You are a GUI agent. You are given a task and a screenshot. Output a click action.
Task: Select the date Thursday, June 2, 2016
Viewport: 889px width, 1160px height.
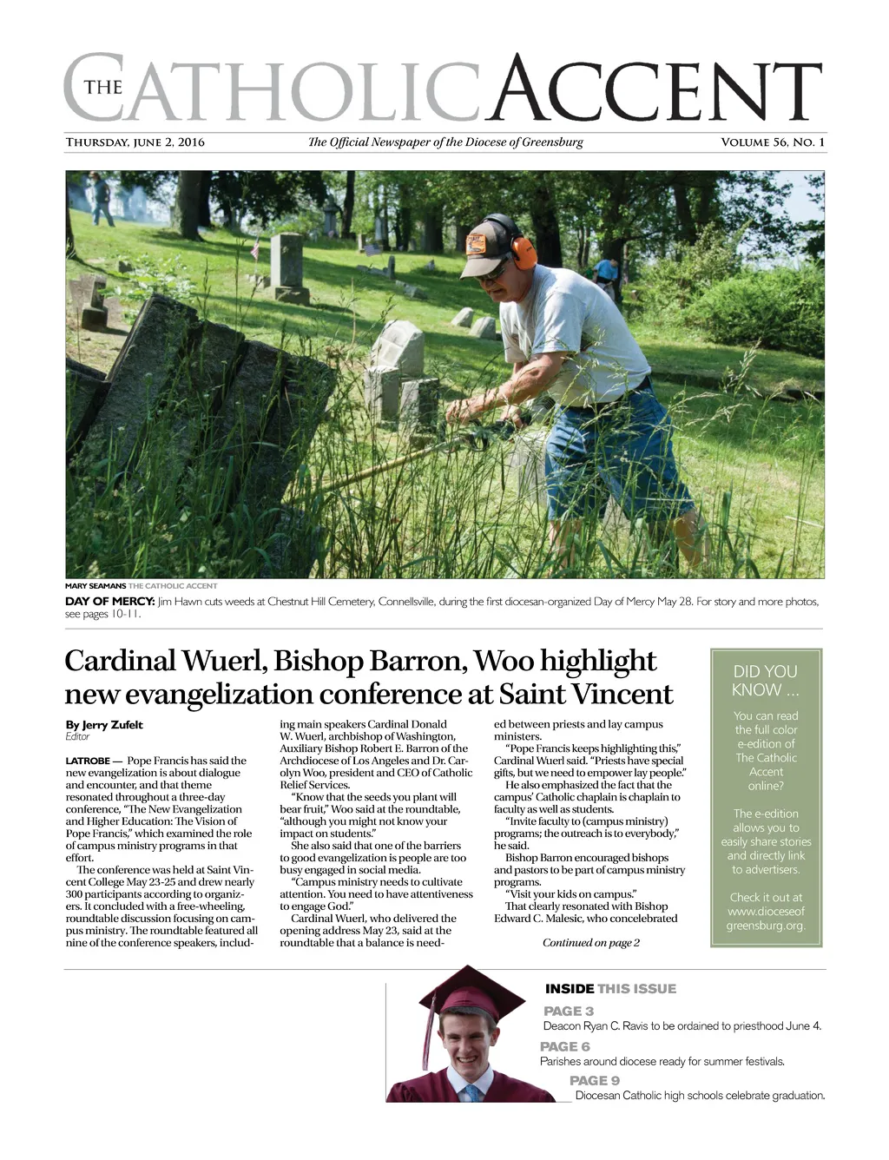[135, 142]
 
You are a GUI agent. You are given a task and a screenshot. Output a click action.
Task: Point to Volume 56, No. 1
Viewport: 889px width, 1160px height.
[773, 142]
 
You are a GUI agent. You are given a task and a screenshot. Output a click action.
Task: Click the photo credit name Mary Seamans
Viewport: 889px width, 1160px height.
[95, 586]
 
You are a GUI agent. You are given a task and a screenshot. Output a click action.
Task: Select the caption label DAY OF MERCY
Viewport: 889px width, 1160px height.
[110, 602]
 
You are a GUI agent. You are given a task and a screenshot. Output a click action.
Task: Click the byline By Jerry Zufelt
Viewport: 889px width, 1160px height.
[104, 725]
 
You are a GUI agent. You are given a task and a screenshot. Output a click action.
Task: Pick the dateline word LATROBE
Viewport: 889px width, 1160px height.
[88, 761]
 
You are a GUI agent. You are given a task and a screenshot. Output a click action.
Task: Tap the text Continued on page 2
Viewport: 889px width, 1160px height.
[591, 943]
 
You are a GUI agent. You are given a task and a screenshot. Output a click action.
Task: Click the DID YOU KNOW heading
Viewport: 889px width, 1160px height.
[765, 681]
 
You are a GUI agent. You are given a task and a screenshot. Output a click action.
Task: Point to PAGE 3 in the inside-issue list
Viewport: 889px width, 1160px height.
[569, 1011]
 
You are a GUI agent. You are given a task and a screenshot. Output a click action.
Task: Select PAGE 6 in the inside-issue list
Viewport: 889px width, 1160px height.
[565, 1046]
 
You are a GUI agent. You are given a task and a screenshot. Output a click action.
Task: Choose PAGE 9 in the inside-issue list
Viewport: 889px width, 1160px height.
[595, 1080]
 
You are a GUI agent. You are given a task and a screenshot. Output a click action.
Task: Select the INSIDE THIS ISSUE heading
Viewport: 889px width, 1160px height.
[610, 989]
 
